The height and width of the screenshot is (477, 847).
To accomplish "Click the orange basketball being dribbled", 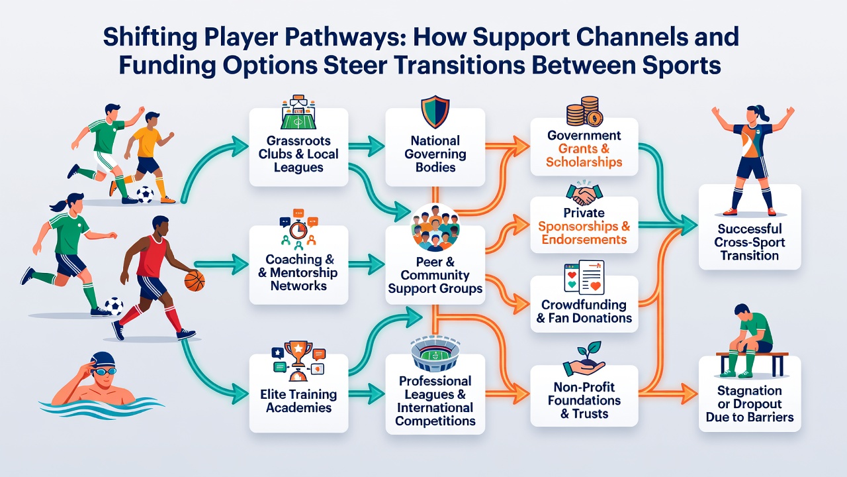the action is (195, 281).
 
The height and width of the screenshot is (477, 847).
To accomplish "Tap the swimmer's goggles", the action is (105, 371).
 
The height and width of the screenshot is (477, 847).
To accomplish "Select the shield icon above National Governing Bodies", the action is (435, 112).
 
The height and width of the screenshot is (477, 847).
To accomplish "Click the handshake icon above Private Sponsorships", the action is (584, 194).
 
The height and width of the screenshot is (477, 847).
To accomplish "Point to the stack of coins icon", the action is (584, 111).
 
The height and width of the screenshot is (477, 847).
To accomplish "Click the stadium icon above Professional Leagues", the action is (435, 355).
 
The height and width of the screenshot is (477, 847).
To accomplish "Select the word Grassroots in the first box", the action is (298, 141).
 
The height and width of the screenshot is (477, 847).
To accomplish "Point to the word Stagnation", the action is (750, 390).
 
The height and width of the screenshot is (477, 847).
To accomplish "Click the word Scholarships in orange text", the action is (584, 162).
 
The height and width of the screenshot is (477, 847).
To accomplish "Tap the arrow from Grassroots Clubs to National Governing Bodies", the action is (367, 147).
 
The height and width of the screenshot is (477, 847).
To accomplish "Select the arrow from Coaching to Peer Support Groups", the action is (367, 264).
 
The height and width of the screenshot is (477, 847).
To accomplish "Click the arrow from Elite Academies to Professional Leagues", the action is (367, 394).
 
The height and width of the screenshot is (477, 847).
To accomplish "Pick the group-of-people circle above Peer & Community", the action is (435, 227).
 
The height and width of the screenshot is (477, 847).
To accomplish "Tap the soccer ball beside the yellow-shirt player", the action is (145, 195).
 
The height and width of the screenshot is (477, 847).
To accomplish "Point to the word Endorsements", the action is (584, 240).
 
